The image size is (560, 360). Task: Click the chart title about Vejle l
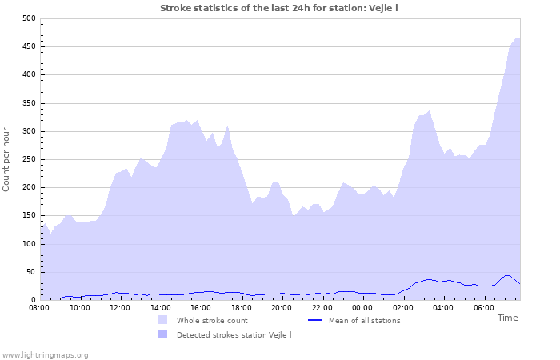click(x=279, y=8)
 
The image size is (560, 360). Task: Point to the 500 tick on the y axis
click(x=29, y=18)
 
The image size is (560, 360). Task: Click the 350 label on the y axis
click(x=29, y=103)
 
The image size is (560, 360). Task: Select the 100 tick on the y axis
click(x=29, y=244)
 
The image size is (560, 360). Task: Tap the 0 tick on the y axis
click(x=32, y=300)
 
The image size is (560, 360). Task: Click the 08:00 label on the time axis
click(x=39, y=307)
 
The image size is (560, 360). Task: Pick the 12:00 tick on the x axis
click(x=120, y=307)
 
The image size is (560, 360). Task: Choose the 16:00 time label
click(x=201, y=307)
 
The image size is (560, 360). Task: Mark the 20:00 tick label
click(x=282, y=307)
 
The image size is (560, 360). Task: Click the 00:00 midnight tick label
click(x=362, y=307)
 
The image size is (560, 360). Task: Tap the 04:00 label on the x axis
click(x=443, y=307)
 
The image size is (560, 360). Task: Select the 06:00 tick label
click(x=484, y=307)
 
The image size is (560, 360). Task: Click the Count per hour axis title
click(x=7, y=159)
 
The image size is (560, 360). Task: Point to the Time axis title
click(x=507, y=318)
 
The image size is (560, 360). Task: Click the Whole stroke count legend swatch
click(x=163, y=320)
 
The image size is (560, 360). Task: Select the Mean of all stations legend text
click(x=364, y=321)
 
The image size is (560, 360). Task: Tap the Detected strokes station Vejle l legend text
click(x=234, y=334)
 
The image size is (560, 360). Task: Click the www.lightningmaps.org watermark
click(x=45, y=354)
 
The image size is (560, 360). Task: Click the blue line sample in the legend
click(x=315, y=320)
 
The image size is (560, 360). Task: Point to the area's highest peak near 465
click(x=518, y=38)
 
